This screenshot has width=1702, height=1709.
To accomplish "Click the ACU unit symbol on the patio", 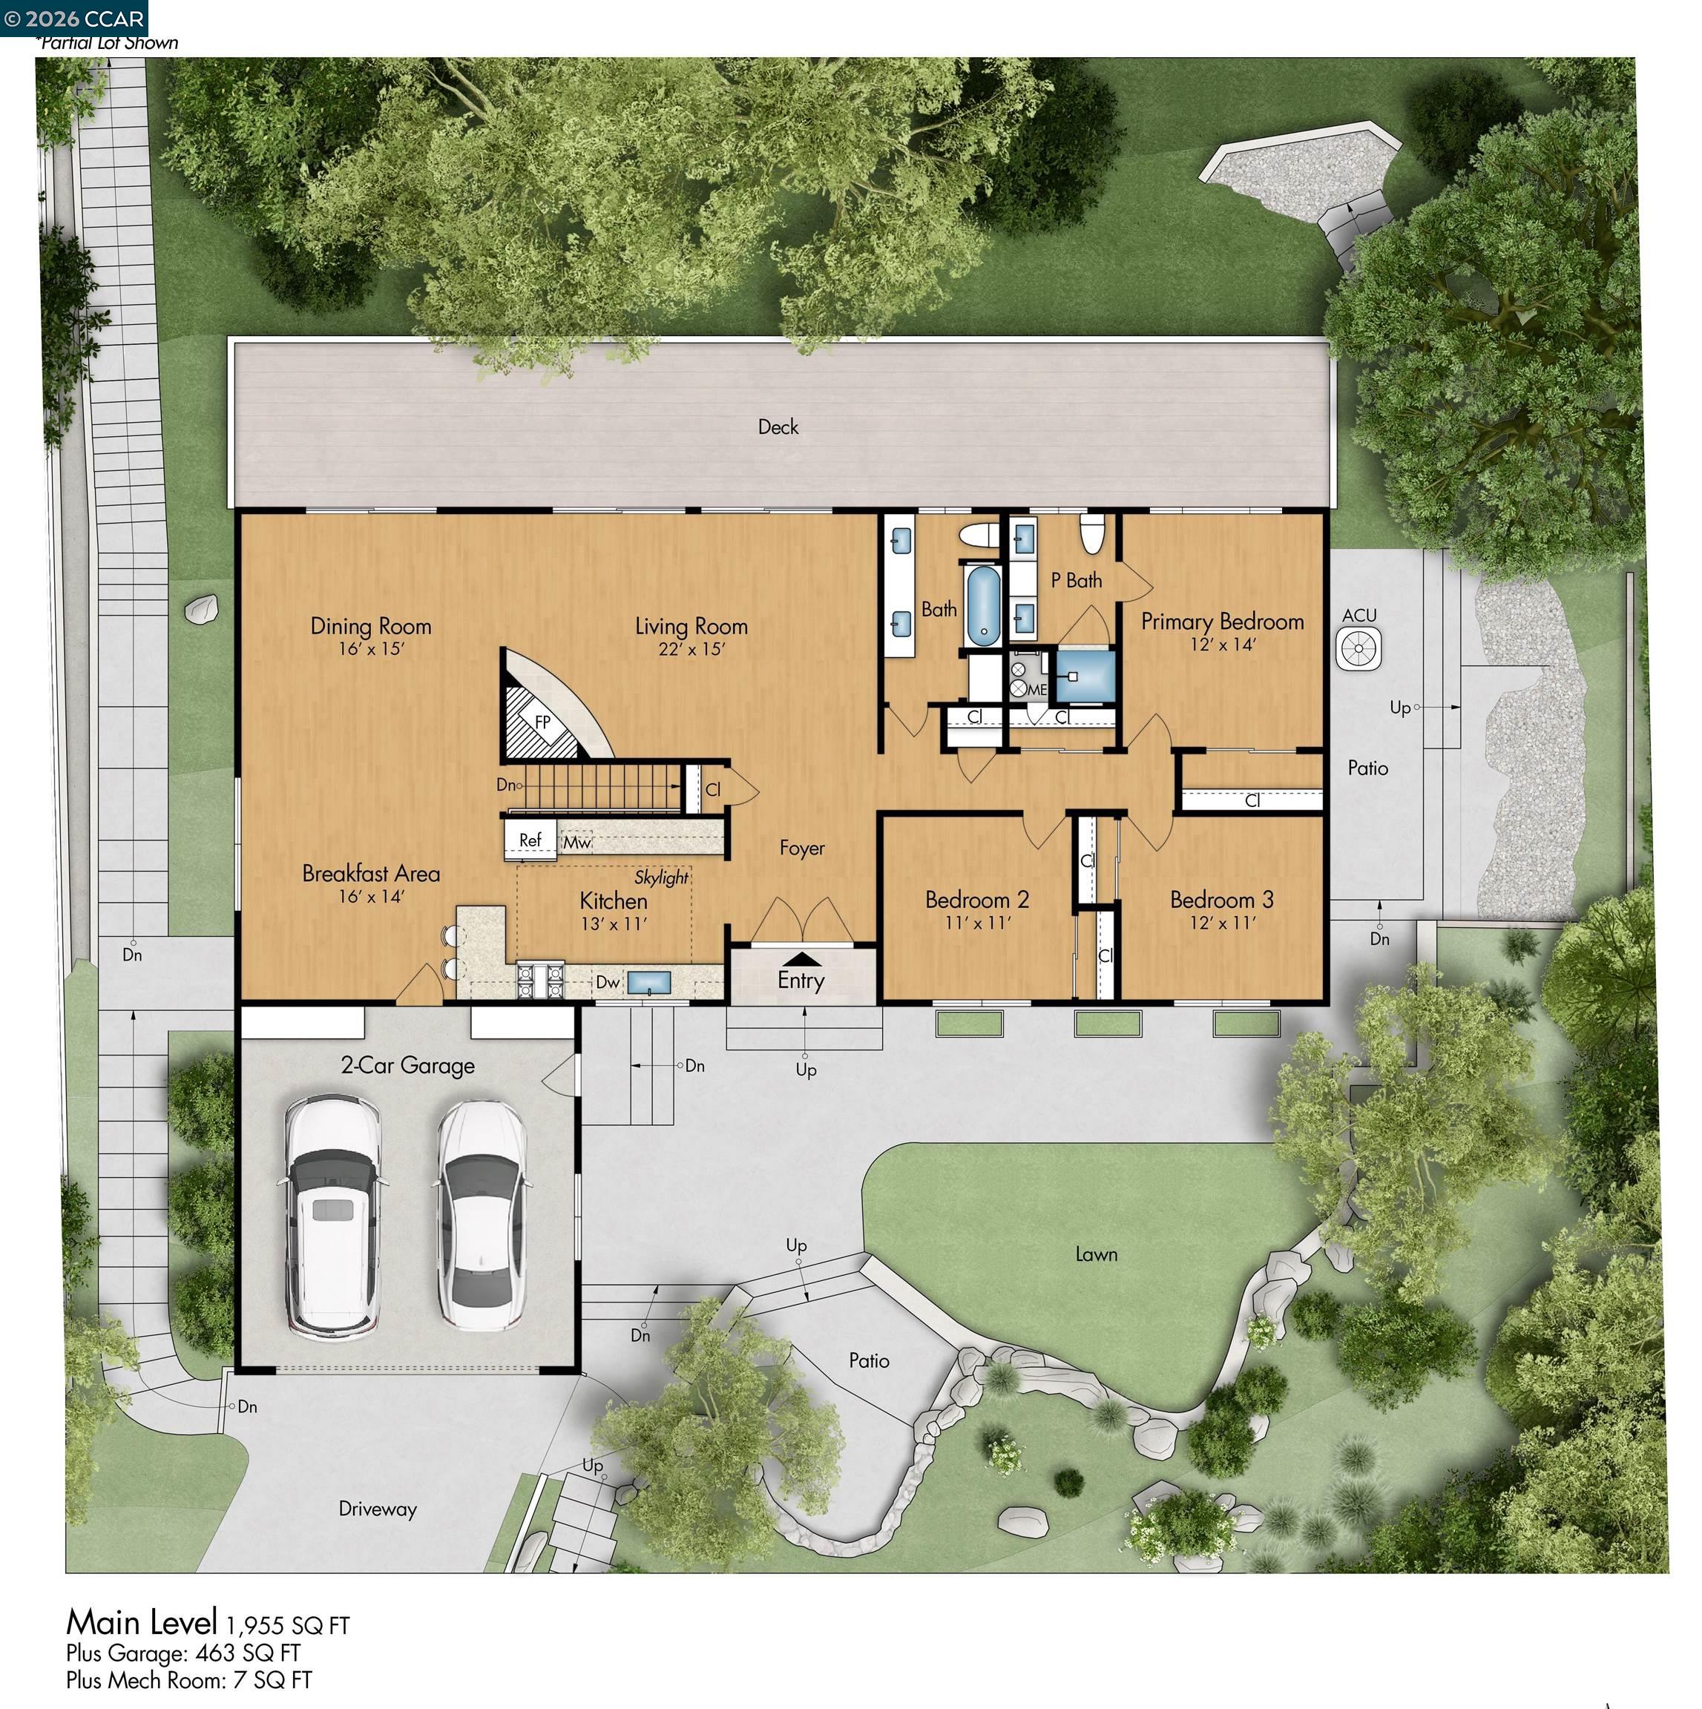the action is pyautogui.click(x=1358, y=648).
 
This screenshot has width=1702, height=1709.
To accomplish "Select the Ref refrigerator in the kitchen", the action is pyautogui.click(x=530, y=840).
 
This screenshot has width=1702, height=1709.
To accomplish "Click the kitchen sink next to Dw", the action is pyautogui.click(x=648, y=982).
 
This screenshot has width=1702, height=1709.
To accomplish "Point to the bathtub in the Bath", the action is pyautogui.click(x=983, y=606).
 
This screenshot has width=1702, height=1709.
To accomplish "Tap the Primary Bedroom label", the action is pyautogui.click(x=1222, y=622).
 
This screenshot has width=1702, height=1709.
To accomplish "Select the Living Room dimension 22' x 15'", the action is pyautogui.click(x=691, y=649).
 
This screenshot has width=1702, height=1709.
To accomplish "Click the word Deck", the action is pyautogui.click(x=778, y=427).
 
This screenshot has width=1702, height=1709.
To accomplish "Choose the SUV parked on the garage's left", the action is pyautogui.click(x=332, y=1218).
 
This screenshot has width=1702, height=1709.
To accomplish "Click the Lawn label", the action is pyautogui.click(x=1096, y=1254).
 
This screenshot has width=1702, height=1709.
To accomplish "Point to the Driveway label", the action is pyautogui.click(x=378, y=1509).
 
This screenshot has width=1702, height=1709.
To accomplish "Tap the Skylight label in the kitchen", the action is pyautogui.click(x=662, y=877).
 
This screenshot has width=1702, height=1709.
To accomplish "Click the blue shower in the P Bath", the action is pyautogui.click(x=1085, y=676).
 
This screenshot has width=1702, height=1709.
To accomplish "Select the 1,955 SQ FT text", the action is pyautogui.click(x=288, y=1626).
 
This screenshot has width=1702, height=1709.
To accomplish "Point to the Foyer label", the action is pyautogui.click(x=802, y=849).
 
